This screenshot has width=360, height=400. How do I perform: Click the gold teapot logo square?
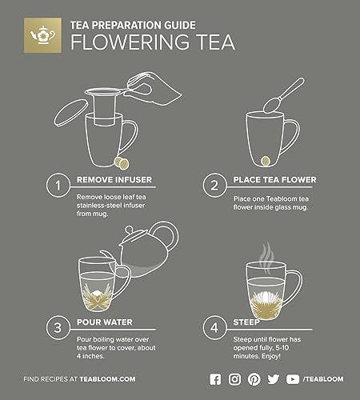point(40,34)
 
